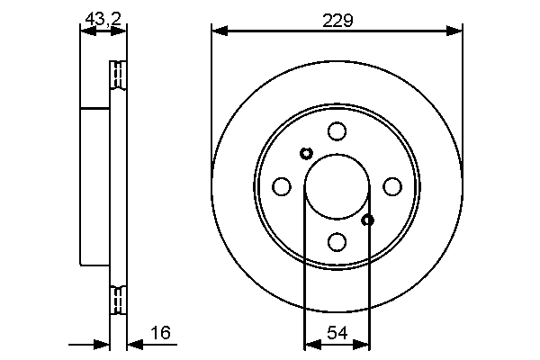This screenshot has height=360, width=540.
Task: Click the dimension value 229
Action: pos(337,21)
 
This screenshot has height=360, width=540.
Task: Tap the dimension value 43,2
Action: pos(103,19)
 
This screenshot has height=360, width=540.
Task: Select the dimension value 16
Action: pos(160,333)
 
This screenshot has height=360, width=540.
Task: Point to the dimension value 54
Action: pos(337,333)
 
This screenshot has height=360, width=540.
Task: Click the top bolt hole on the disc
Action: pos(337,130)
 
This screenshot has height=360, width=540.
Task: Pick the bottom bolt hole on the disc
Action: pos(337,242)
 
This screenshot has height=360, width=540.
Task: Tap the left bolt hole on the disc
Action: pos(282,186)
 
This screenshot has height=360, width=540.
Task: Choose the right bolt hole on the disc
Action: pos(392,186)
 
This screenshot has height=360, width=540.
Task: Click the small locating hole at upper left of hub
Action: pos(306,153)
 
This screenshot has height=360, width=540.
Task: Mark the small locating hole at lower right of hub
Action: pos(368,220)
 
